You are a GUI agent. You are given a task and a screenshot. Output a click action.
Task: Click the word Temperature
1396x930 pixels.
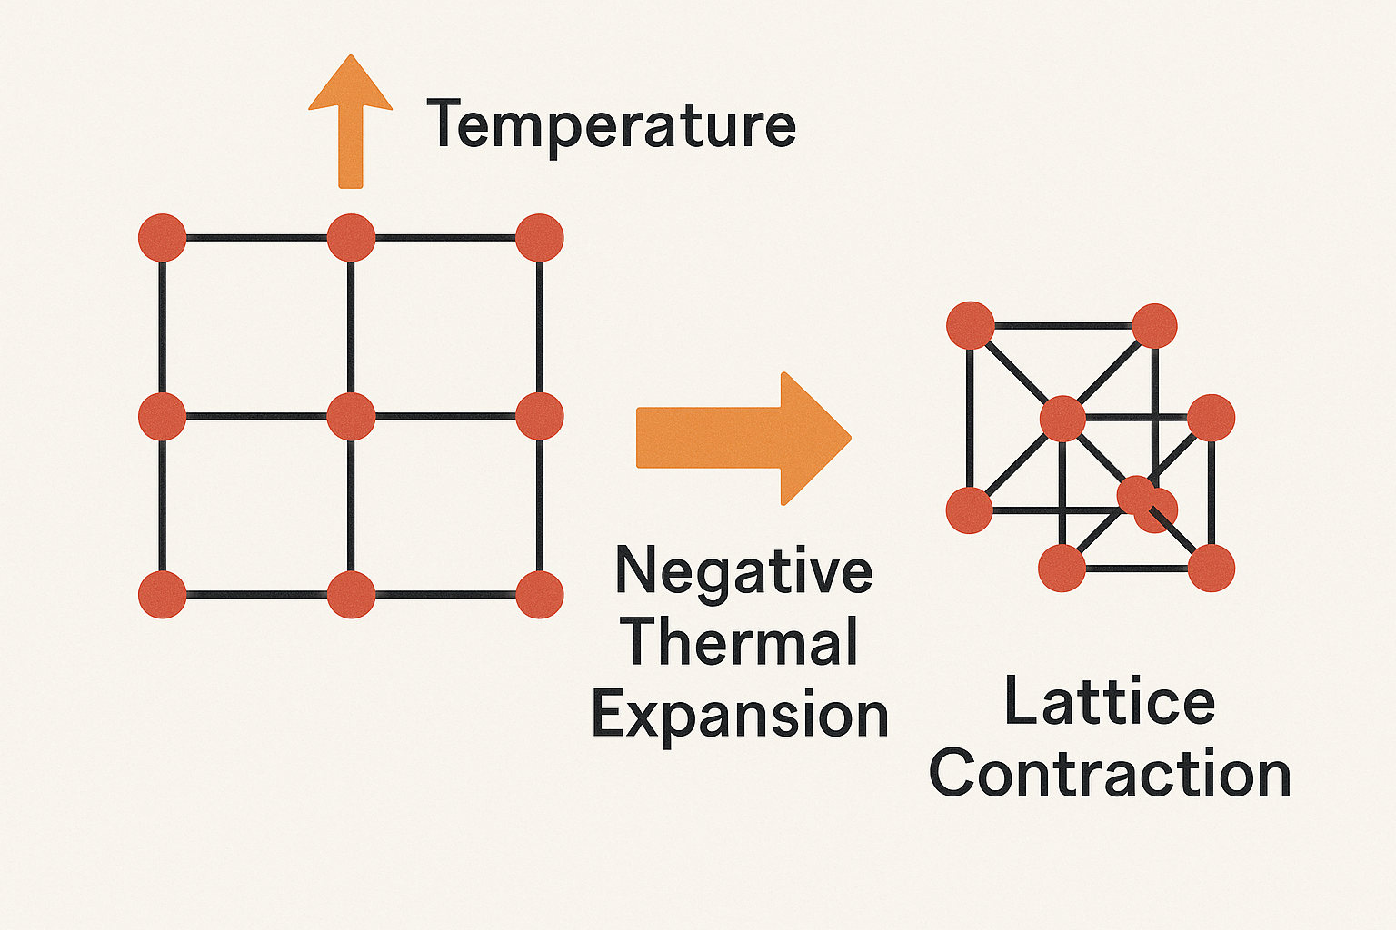point(611,125)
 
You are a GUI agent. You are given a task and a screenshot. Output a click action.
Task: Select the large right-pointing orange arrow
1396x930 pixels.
point(742,438)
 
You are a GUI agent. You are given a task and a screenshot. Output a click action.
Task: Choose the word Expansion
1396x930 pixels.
point(740,716)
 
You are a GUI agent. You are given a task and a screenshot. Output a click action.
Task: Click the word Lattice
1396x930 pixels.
point(1110,702)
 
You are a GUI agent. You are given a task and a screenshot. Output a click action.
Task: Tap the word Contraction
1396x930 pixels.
point(1110,775)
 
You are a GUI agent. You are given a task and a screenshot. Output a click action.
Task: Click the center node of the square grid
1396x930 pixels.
point(351,417)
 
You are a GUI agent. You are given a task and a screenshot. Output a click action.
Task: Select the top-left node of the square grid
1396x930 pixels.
point(163,238)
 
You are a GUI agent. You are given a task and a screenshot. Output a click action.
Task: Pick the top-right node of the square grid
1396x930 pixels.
point(540,238)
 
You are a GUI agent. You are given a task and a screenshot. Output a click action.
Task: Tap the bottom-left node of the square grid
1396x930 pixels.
point(163,595)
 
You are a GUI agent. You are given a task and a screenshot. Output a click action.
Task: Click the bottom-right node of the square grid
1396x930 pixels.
point(540,595)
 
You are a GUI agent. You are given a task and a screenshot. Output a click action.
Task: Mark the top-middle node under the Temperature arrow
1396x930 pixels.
point(351,238)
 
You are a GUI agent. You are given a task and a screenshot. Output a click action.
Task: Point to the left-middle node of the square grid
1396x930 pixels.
point(163,417)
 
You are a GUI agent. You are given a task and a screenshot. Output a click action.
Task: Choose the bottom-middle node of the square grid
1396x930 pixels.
point(351,595)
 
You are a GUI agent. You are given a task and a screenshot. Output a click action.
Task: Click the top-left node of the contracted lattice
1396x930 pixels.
point(970,325)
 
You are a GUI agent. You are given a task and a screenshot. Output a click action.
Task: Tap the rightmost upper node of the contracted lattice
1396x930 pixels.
point(1211,418)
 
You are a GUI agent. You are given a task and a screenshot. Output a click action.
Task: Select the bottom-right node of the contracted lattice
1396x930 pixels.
point(1211,568)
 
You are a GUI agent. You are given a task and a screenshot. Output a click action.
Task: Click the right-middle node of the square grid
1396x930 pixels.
point(540,417)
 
